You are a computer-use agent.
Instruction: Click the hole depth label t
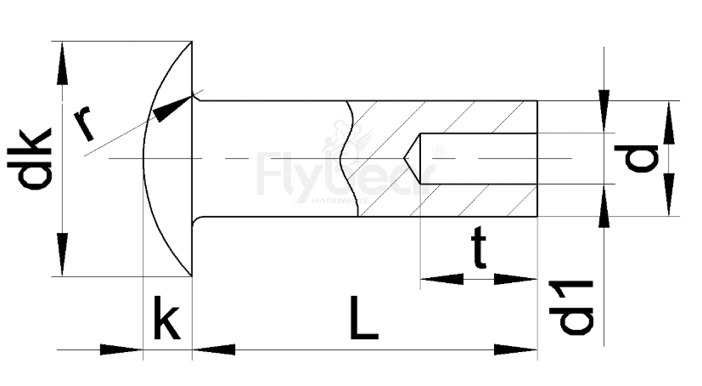[480, 251]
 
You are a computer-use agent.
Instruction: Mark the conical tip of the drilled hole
[413, 158]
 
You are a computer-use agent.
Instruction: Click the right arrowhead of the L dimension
[515, 349]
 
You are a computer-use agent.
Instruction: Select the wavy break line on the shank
[346, 158]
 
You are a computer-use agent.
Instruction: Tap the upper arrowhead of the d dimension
[669, 123]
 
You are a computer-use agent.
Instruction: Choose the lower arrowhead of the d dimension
[669, 194]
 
